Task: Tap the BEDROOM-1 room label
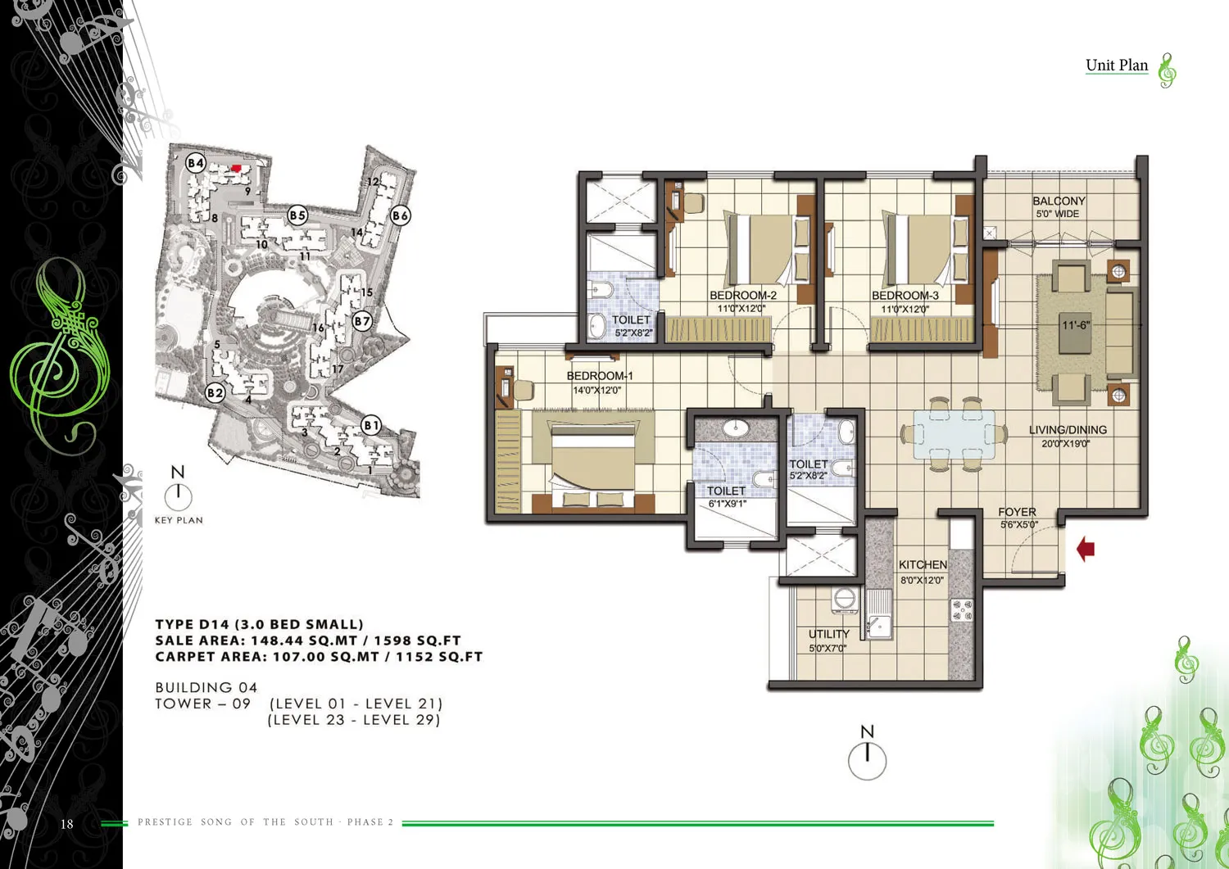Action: [600, 376]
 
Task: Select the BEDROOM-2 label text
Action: [743, 296]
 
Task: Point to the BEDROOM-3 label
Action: [905, 296]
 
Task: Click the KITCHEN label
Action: [923, 564]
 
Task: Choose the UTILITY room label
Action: [828, 634]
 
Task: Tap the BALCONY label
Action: [1059, 201]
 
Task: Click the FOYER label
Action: [1018, 512]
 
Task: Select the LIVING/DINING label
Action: [1068, 430]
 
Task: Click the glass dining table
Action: [955, 434]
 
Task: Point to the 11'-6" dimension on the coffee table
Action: [1075, 325]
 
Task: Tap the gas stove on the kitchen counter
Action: [961, 610]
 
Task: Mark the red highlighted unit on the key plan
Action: [237, 168]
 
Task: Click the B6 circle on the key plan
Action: [401, 215]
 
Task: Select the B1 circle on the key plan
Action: [371, 425]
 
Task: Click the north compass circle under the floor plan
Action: [867, 761]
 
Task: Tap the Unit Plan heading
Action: [1117, 66]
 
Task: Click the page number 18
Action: [67, 823]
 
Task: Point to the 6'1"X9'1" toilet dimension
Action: [728, 504]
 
